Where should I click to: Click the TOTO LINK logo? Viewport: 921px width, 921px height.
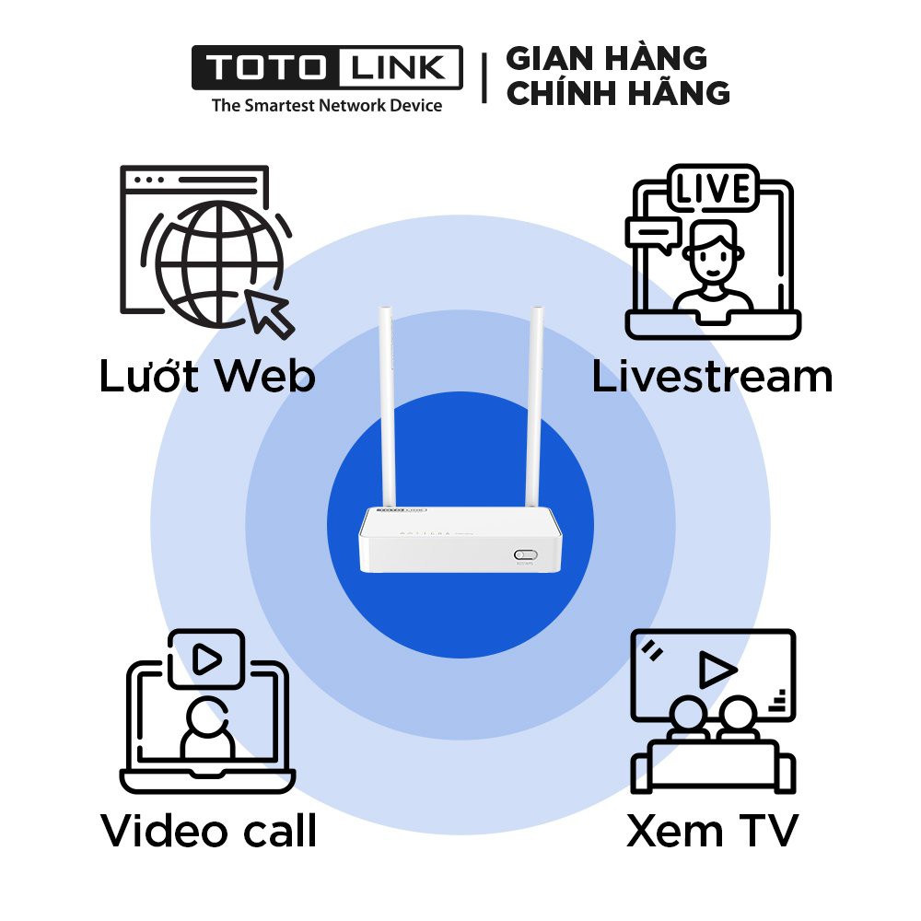pos(327,68)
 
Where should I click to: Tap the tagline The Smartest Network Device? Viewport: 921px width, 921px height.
pos(327,105)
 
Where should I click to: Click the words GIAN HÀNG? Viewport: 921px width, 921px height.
pos(607,58)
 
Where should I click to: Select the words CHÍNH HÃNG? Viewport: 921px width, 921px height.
pos(618,93)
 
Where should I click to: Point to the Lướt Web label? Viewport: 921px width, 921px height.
pos(207,377)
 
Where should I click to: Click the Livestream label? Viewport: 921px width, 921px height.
pos(712,377)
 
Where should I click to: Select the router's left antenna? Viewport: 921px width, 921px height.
pos(387,405)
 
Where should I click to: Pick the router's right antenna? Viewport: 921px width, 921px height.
pos(534,405)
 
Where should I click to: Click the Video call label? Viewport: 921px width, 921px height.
pos(209,831)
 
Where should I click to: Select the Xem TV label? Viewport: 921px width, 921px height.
pos(712,831)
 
